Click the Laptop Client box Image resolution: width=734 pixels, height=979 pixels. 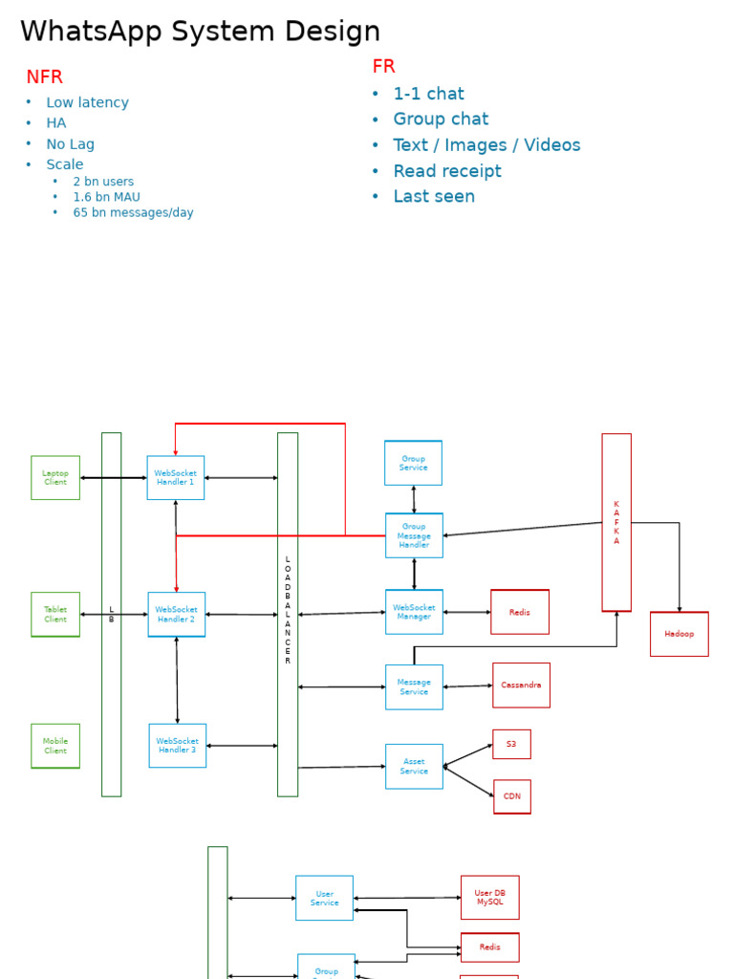tap(55, 477)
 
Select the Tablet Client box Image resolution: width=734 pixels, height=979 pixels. tap(55, 614)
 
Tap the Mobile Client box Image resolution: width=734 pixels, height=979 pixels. tap(55, 746)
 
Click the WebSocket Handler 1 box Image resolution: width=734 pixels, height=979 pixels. tap(175, 477)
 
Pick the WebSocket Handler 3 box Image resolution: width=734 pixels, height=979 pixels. tap(177, 745)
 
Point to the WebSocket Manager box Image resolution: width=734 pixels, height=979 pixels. tap(414, 612)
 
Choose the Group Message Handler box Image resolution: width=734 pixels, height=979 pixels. tap(414, 535)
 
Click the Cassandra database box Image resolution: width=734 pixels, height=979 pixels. tap(521, 685)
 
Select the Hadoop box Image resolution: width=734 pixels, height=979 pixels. tap(679, 634)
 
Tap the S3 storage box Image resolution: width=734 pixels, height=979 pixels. tap(511, 744)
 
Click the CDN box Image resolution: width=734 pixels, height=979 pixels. tap(512, 796)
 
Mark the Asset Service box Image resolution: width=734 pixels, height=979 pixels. tap(414, 766)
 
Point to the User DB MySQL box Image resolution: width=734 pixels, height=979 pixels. tap(489, 897)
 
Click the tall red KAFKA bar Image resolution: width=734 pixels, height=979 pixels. tap(616, 522)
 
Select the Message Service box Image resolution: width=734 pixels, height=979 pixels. tap(414, 686)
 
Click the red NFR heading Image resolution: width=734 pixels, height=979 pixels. tap(44, 77)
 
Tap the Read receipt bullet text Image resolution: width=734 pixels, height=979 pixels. tap(447, 171)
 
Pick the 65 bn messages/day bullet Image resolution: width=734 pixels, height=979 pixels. tap(133, 212)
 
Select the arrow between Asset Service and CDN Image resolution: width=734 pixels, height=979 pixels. tap(469, 781)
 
